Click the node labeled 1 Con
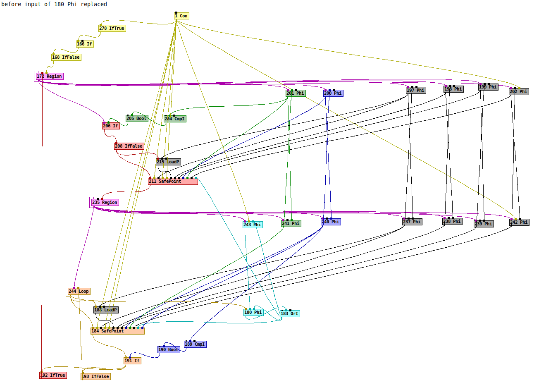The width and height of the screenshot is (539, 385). pos(181,16)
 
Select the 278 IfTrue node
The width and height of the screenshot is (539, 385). pos(112,29)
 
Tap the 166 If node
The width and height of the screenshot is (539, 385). pos(85,44)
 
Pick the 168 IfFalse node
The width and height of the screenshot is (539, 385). pos(66,57)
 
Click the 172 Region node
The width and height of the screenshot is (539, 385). pos(50,77)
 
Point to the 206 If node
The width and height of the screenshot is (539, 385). pos(111,126)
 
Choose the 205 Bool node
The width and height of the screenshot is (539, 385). pos(137,119)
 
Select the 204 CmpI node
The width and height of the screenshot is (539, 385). pos(175,119)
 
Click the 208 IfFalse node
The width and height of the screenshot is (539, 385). pos(129,146)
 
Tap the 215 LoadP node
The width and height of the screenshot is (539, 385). pos(168,162)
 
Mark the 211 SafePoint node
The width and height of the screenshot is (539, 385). pos(173,182)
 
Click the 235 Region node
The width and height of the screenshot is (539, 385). pos(105,203)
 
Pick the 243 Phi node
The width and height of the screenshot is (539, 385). pos(253,225)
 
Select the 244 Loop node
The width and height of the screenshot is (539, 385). pos(79,292)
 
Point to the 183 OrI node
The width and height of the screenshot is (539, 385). pos(290,314)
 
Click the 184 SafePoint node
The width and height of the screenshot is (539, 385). pos(117,331)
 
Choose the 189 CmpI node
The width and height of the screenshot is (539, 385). pos(195,344)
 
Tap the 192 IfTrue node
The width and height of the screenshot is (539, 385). pos(53,375)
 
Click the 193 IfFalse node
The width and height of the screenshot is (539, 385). pos(95,377)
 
